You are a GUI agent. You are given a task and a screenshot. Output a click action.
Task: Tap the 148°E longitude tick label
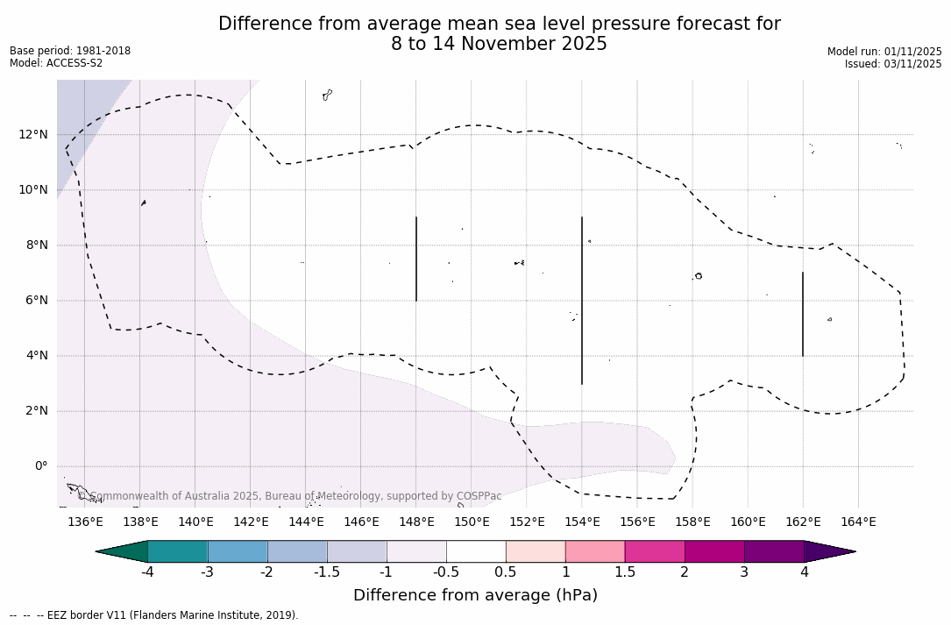[416, 522]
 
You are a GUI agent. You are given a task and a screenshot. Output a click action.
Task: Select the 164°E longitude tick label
[858, 522]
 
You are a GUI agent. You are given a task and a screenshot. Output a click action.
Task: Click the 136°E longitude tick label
[85, 522]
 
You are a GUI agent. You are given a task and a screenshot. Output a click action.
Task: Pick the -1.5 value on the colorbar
[327, 572]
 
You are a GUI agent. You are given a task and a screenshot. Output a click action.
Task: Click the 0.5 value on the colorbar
[506, 572]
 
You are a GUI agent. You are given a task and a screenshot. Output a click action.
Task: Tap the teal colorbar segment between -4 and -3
[178, 551]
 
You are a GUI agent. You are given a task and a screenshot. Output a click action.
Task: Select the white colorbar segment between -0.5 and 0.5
[476, 551]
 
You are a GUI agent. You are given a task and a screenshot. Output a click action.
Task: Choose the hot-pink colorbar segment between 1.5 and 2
[655, 551]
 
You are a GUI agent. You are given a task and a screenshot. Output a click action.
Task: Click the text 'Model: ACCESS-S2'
[56, 63]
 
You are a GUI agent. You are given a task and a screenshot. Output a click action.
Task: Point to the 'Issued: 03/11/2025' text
[893, 64]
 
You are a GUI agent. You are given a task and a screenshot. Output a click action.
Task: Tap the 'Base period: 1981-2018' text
[70, 51]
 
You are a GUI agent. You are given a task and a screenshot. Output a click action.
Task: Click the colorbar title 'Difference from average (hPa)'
[475, 596]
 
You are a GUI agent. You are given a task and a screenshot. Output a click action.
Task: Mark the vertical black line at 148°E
[416, 259]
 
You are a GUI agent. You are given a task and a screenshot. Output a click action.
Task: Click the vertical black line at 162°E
[803, 314]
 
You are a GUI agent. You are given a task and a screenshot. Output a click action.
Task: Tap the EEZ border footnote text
[154, 615]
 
